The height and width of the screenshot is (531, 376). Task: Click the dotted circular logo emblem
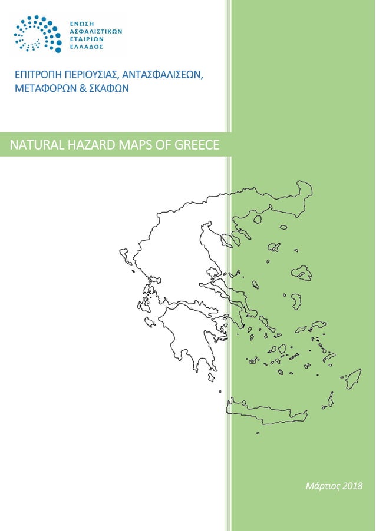point(37,34)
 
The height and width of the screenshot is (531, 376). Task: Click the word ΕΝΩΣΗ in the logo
point(82,21)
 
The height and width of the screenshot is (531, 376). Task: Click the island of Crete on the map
point(265,412)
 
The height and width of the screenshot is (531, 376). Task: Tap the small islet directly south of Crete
point(258,433)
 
